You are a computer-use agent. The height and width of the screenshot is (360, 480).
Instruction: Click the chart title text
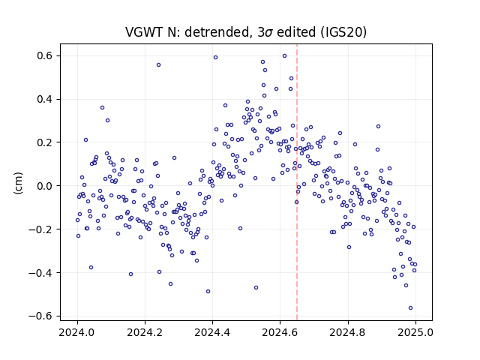(x=246, y=31)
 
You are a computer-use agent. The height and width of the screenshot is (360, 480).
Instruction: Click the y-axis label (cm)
(x=18, y=183)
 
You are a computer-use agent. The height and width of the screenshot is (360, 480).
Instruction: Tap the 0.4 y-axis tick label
(x=45, y=99)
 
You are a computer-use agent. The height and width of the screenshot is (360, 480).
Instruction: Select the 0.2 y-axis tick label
(x=45, y=142)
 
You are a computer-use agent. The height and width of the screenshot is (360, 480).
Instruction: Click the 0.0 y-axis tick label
(x=45, y=186)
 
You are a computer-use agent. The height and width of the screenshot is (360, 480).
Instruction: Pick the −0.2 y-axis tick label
(x=40, y=229)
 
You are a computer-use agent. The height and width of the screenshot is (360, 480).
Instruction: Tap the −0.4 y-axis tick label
(x=40, y=272)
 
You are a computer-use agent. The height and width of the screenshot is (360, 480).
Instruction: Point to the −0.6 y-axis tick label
(x=40, y=316)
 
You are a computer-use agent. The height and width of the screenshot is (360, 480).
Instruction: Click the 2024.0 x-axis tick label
(x=77, y=332)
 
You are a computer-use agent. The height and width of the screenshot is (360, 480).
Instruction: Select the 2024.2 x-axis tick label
(x=145, y=332)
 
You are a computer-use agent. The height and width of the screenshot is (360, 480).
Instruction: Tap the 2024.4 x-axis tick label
(x=212, y=332)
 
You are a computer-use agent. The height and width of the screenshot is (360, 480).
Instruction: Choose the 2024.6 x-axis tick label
(x=280, y=332)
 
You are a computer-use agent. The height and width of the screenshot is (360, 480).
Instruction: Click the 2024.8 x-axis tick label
(x=348, y=332)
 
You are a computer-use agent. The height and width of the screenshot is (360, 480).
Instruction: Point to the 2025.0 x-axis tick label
(x=415, y=332)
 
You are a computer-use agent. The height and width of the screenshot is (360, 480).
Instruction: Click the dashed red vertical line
(x=297, y=182)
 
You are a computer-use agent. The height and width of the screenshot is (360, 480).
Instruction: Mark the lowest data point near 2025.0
(x=410, y=308)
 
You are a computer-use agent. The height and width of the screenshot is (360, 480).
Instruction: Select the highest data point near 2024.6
(x=284, y=56)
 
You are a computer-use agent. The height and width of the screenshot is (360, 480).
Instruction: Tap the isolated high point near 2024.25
(x=158, y=65)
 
